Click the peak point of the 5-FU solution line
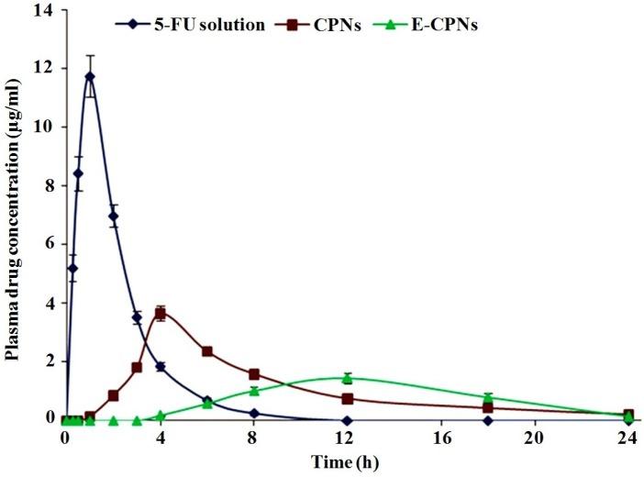[x=89, y=76]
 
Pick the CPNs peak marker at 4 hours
[x=160, y=314]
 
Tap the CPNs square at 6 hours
[x=207, y=351]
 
